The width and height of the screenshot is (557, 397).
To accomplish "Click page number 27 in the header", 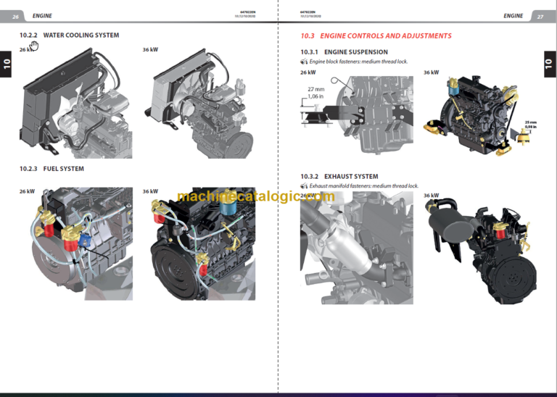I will (540, 15).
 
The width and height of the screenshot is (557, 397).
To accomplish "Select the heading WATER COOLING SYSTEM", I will (81, 35).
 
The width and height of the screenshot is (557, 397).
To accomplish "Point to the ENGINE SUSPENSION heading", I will (355, 52).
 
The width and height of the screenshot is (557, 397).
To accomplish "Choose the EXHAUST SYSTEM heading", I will (350, 176).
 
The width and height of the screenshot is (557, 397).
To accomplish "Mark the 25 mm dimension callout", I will (531, 122).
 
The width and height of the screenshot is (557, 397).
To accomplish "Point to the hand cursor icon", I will (34, 46).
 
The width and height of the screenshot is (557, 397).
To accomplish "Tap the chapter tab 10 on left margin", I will (7, 64).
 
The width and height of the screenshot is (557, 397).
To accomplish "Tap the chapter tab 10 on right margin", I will (549, 64).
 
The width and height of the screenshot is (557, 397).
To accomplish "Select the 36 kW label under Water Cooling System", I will (150, 50).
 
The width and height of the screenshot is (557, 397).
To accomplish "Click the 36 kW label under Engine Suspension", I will (431, 72).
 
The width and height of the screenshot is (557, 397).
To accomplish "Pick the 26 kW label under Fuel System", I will (27, 191).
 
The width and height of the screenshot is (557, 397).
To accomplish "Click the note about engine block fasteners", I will (358, 62).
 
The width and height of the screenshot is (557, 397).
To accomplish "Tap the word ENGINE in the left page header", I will (42, 15).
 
